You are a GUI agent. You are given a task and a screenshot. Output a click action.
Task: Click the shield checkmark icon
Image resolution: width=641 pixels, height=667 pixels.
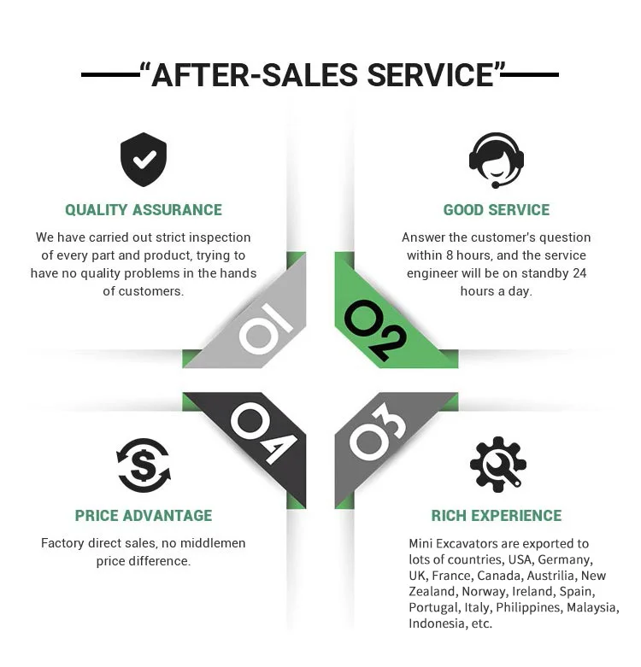143,161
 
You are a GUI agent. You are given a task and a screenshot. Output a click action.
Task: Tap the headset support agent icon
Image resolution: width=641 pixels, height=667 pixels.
497,159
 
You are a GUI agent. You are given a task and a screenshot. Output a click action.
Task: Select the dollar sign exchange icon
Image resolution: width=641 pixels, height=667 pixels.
143,465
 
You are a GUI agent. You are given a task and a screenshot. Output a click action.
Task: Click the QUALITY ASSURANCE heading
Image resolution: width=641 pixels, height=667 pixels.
144,210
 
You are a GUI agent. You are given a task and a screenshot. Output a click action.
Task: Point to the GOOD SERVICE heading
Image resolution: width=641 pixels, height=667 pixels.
497,210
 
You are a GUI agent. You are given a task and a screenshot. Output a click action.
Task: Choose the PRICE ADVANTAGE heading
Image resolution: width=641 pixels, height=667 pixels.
144,516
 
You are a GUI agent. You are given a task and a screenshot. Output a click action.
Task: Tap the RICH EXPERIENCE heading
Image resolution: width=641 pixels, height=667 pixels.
497,516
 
